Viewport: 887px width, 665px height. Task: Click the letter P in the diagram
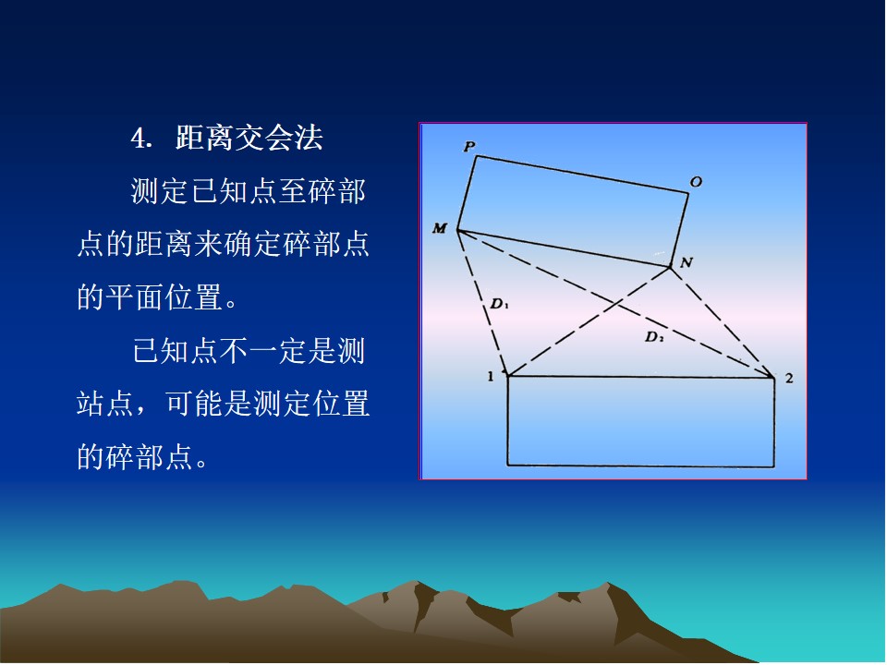coord(469,147)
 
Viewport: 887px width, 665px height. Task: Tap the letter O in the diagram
coord(696,182)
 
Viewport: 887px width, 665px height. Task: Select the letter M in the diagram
coord(440,228)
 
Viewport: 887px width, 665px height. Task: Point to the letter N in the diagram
coord(687,261)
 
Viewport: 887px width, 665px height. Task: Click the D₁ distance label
coord(499,304)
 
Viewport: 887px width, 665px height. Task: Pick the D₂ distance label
coord(654,337)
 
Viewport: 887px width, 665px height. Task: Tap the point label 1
coord(491,376)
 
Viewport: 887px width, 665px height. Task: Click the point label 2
coord(789,378)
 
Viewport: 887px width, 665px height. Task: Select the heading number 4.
coord(141,138)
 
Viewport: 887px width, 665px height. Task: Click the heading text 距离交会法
coord(249,138)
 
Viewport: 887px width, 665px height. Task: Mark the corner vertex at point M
coord(457,231)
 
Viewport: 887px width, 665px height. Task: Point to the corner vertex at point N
coord(671,266)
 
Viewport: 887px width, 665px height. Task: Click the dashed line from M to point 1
coord(482,303)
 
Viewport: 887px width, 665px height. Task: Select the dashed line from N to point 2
coord(723,321)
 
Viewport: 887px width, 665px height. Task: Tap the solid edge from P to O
coord(582,175)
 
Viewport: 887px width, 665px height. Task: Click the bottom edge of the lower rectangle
coord(640,465)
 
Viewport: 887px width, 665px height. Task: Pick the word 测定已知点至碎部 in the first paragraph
coord(249,191)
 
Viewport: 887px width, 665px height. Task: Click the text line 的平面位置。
coord(157,296)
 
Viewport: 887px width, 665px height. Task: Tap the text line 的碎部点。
coord(142,457)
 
